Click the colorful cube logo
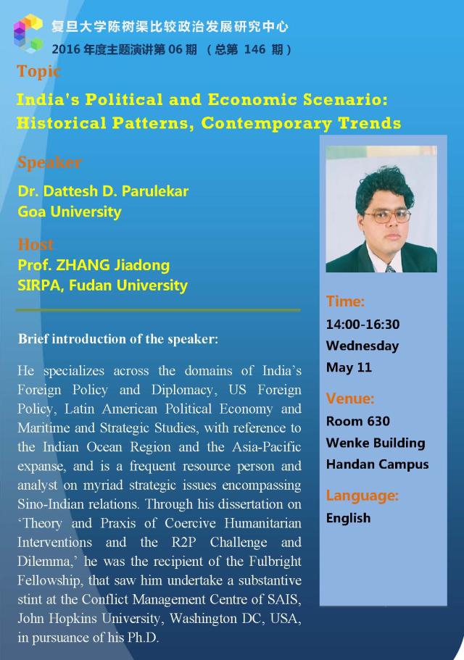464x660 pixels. click(28, 33)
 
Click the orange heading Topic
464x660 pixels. click(38, 72)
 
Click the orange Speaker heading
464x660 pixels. click(50, 162)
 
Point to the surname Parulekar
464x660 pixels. click(154, 191)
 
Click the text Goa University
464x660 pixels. click(70, 212)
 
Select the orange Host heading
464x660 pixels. click(36, 245)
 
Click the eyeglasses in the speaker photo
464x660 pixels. click(387, 217)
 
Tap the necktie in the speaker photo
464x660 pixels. click(390, 268)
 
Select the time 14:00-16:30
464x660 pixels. click(362, 324)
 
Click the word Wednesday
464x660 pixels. click(362, 346)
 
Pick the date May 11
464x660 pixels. click(349, 367)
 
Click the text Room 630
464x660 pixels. click(358, 421)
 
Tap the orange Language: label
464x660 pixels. click(362, 496)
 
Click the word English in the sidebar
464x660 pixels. click(348, 518)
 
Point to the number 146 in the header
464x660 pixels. click(254, 50)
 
